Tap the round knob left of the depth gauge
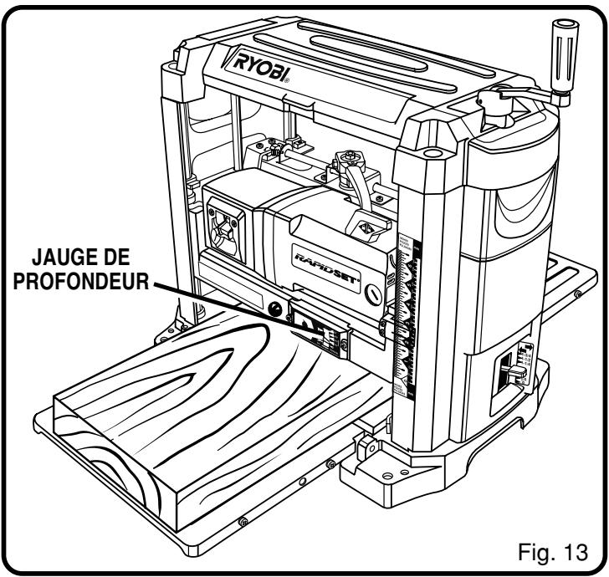coord(274,309)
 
